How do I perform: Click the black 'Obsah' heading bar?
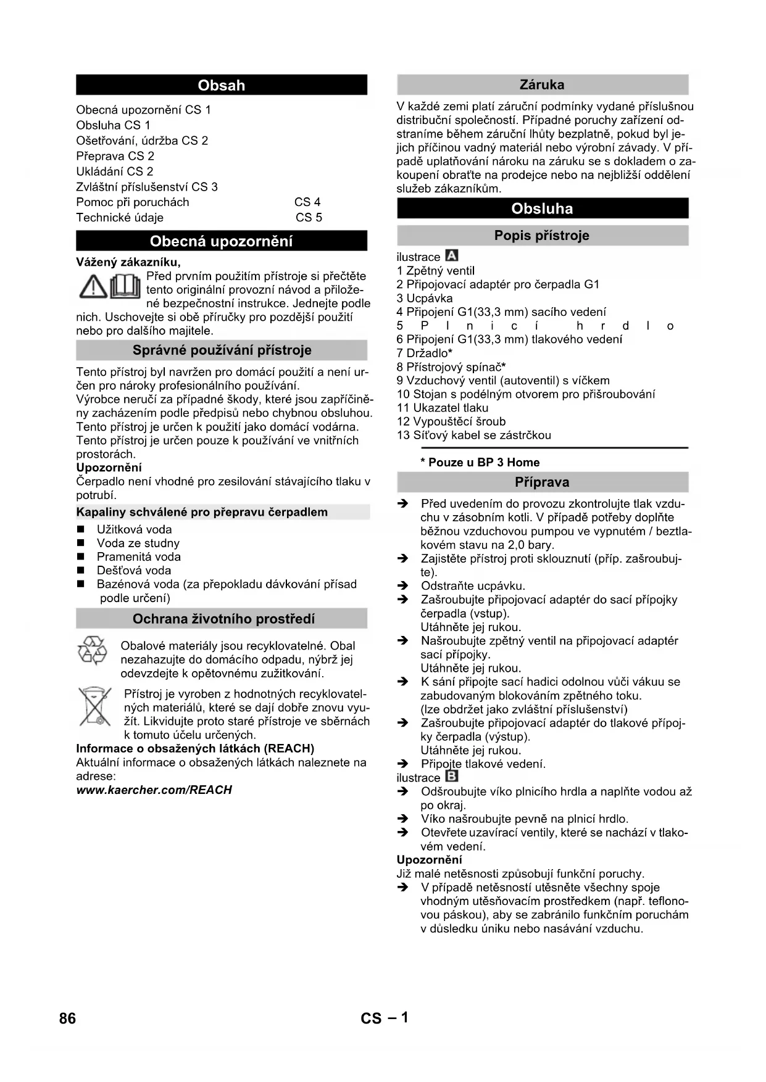click(221, 85)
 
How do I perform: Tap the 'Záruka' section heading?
click(542, 85)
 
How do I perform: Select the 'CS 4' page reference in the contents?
click(307, 202)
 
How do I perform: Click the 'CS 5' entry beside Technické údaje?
click(309, 217)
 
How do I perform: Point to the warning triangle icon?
click(93, 287)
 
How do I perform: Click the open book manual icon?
click(125, 286)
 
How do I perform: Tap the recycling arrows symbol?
click(92, 651)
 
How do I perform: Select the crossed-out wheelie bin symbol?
click(94, 707)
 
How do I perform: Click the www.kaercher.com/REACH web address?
click(154, 790)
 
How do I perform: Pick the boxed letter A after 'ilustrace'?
click(452, 255)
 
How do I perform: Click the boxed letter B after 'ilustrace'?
click(452, 777)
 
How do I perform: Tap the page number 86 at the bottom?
click(67, 1018)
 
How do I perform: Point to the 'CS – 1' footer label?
click(384, 1018)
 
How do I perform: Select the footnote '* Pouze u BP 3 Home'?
click(480, 462)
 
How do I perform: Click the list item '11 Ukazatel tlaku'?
click(443, 408)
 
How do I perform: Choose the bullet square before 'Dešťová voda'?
click(80, 571)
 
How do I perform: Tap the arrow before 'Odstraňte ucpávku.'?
click(402, 586)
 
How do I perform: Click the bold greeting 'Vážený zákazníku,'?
click(128, 262)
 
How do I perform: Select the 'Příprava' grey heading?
click(542, 482)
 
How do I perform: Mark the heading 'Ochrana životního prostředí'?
click(223, 619)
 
